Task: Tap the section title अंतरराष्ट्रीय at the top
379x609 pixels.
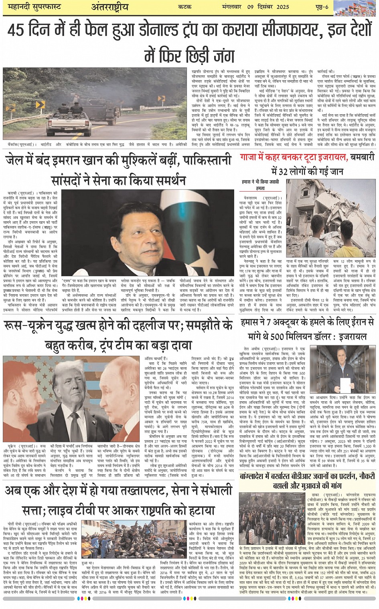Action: pos(110,7)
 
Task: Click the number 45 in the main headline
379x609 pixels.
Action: pos(16,30)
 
